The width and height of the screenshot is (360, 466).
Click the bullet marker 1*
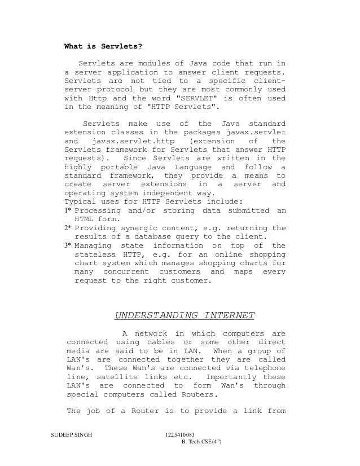coord(68,210)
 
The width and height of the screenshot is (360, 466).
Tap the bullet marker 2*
coord(68,228)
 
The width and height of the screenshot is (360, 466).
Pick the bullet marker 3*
coord(68,245)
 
